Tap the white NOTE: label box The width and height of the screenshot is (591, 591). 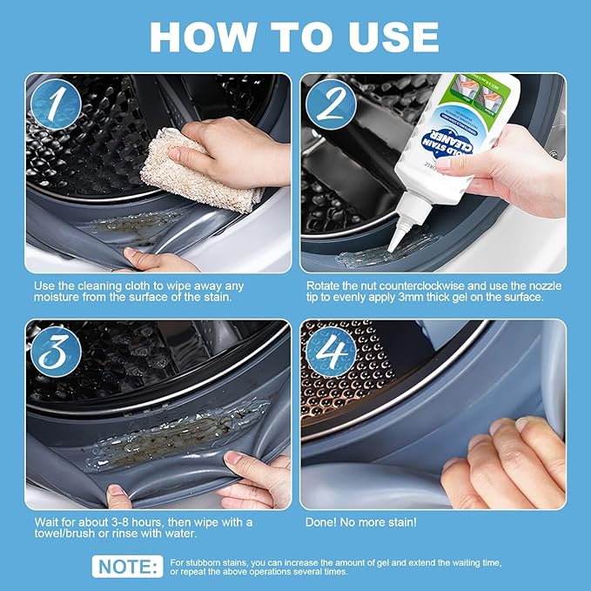[127, 567]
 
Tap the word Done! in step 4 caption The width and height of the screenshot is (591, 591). [324, 522]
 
